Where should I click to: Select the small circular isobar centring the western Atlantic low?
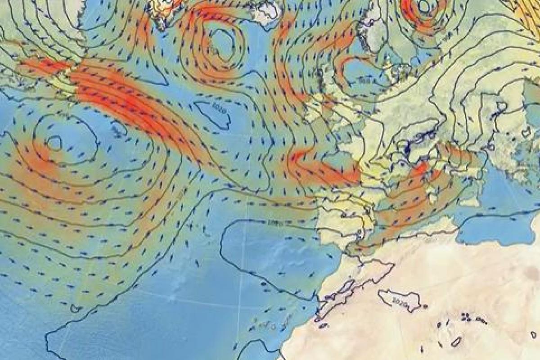[x=54, y=143]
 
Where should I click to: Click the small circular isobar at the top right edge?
[x=424, y=6]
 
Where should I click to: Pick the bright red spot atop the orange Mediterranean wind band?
[x=421, y=169]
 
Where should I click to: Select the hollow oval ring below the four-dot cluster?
[x=456, y=342]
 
